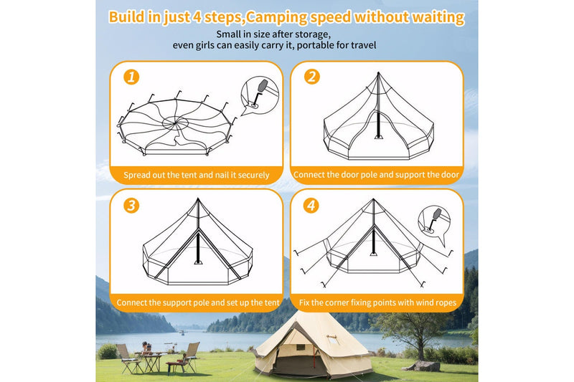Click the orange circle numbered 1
coord(131,77)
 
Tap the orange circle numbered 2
coord(311,77)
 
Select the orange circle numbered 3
coord(131,206)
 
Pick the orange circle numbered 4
coord(311,206)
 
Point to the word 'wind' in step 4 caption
coord(417,303)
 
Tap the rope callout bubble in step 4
coord(432,220)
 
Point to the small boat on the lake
coord(182,332)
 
